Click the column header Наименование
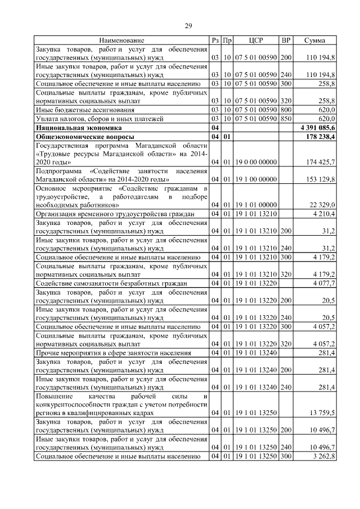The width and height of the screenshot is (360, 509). tap(121, 40)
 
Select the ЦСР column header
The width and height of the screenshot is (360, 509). tap(256, 40)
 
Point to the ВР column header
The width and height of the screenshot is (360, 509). tap(286, 40)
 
